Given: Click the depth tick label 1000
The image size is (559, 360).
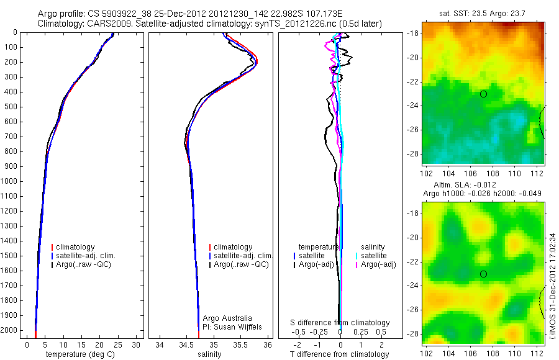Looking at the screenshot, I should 10,181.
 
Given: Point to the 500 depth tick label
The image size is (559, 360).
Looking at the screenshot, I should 12,107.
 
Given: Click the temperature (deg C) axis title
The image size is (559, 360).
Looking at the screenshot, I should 81,354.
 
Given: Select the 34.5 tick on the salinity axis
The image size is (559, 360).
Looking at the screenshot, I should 186,344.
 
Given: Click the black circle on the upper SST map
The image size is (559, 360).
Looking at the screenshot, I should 483,94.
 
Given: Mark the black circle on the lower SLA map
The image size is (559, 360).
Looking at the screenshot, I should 483,274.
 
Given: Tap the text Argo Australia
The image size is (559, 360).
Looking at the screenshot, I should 229,318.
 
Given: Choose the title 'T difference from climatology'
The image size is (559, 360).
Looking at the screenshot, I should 339,354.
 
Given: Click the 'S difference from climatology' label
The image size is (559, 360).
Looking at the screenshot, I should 340,323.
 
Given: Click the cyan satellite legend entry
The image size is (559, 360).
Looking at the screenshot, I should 375,256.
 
